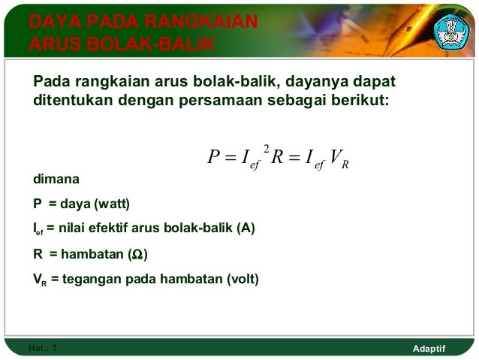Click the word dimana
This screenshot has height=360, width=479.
click(x=55, y=180)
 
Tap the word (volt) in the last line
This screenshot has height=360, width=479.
click(x=243, y=280)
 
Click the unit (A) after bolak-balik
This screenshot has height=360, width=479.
click(x=246, y=229)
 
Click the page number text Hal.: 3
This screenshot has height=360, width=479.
click(x=42, y=348)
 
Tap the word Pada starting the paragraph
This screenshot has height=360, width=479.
click(x=50, y=81)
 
